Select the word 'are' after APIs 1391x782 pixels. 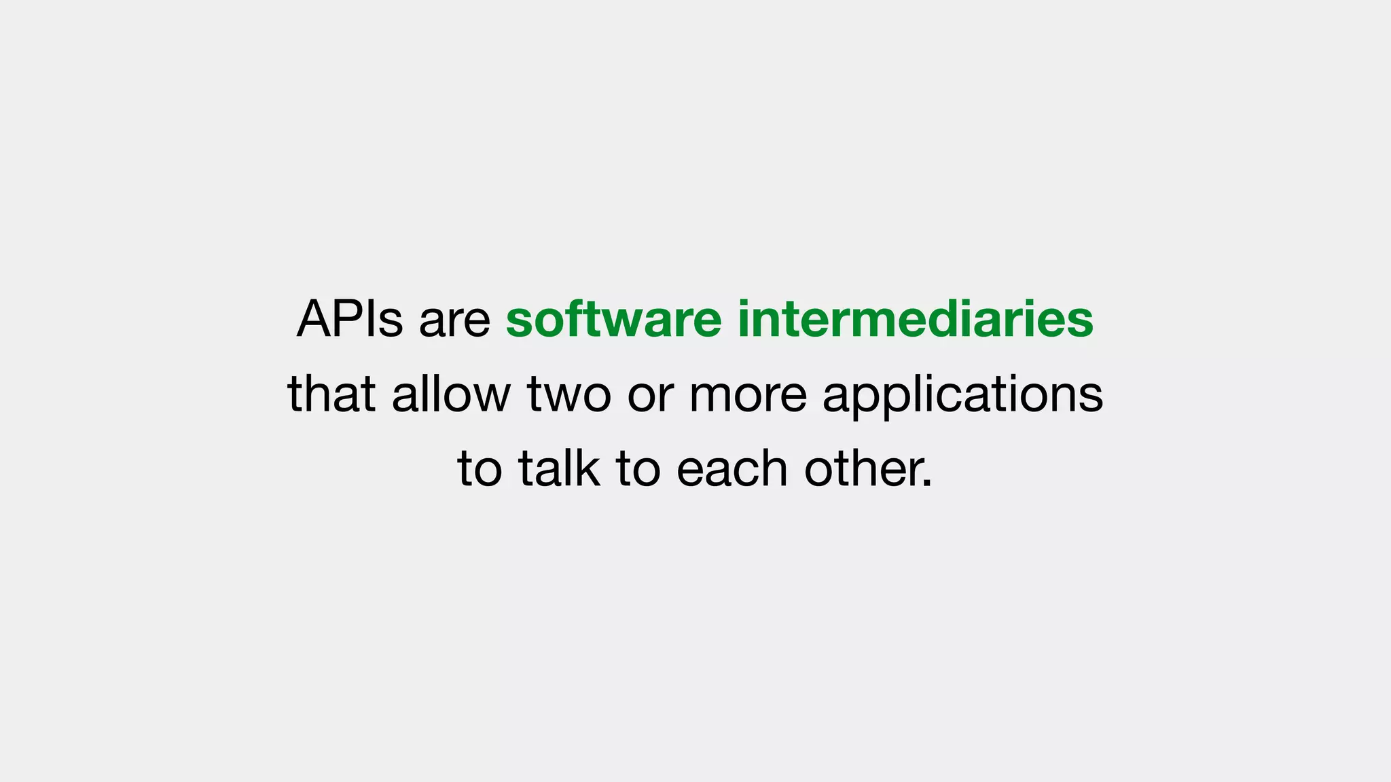[x=454, y=320]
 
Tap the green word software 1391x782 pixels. [x=613, y=319]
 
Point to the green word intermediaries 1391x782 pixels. [x=915, y=319]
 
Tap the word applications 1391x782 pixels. [x=962, y=395]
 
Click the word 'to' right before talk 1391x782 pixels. [x=480, y=469]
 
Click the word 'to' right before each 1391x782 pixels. [x=638, y=469]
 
